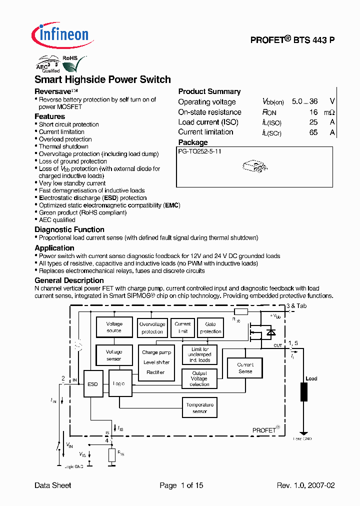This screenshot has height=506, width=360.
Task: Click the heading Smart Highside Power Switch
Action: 102,79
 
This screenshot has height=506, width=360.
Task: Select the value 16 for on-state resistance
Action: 313,112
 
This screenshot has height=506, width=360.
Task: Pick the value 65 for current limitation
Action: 313,132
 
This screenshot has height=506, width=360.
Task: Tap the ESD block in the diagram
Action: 93,384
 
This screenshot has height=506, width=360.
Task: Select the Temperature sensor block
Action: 199,408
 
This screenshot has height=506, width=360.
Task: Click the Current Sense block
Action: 245,368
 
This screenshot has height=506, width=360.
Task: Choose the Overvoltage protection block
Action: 152,328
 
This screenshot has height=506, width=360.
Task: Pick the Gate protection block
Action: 210,328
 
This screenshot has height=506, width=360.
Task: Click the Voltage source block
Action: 114,327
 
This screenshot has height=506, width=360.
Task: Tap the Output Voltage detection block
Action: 199,378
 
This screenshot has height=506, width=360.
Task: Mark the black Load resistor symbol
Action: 303,392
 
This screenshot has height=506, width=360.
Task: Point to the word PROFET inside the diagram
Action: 264,430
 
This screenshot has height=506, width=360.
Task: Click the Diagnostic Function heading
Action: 69,229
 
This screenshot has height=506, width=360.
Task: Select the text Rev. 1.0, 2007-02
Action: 305,485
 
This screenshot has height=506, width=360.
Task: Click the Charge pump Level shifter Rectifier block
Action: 156,362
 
